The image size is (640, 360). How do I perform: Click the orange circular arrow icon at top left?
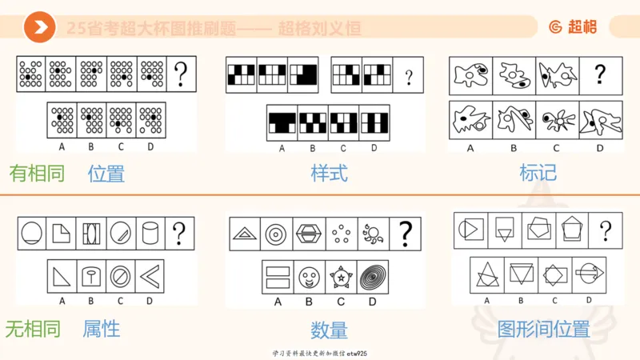pos(38,28)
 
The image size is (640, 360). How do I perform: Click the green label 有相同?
pos(37,173)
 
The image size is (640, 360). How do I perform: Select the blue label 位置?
pos(106,173)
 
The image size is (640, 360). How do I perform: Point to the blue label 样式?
pos(330,173)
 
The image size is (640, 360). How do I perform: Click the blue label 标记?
pos(538,173)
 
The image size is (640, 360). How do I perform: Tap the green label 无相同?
pos(33,328)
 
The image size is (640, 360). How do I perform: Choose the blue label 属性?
pos(102,328)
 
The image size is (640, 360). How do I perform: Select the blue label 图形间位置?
pos(543,329)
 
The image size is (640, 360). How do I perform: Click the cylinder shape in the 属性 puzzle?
pos(149,233)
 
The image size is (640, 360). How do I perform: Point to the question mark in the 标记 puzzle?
pos(600,76)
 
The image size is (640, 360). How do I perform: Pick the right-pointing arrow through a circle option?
pos(589,274)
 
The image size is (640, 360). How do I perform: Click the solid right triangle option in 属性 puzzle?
pos(62,276)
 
